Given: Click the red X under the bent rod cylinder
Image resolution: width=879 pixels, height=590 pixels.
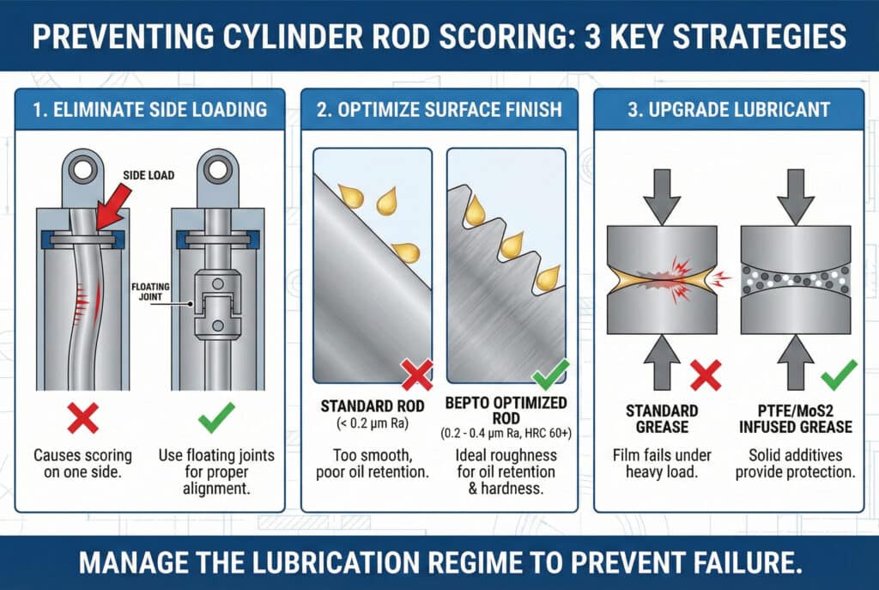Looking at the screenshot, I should coord(82,418).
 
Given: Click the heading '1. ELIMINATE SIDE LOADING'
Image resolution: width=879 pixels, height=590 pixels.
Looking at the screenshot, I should coord(149,109).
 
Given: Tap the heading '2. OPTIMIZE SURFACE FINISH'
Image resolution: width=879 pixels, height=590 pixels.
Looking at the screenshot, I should coord(439,109).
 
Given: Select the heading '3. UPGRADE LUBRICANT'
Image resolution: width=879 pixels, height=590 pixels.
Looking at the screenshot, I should coord(728,109).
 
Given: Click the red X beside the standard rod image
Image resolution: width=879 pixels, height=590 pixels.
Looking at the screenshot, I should coord(417,374).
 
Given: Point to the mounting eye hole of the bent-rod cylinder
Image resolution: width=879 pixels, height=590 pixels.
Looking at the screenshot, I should coord(83,169).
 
